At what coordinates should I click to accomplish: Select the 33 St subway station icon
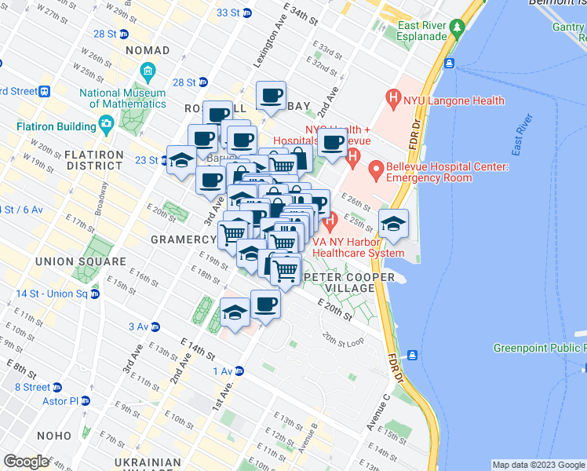coord(246,13)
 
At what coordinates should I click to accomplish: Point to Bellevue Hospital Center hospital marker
coord(375,168)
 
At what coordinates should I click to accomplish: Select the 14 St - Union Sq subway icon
coord(95,294)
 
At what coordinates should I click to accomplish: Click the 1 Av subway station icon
coord(239,371)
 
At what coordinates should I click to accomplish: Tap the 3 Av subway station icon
coord(155,327)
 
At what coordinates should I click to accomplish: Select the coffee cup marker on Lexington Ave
coord(272,96)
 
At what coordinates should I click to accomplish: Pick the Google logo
coord(25,462)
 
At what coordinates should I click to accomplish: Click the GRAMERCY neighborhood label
coord(183,239)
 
